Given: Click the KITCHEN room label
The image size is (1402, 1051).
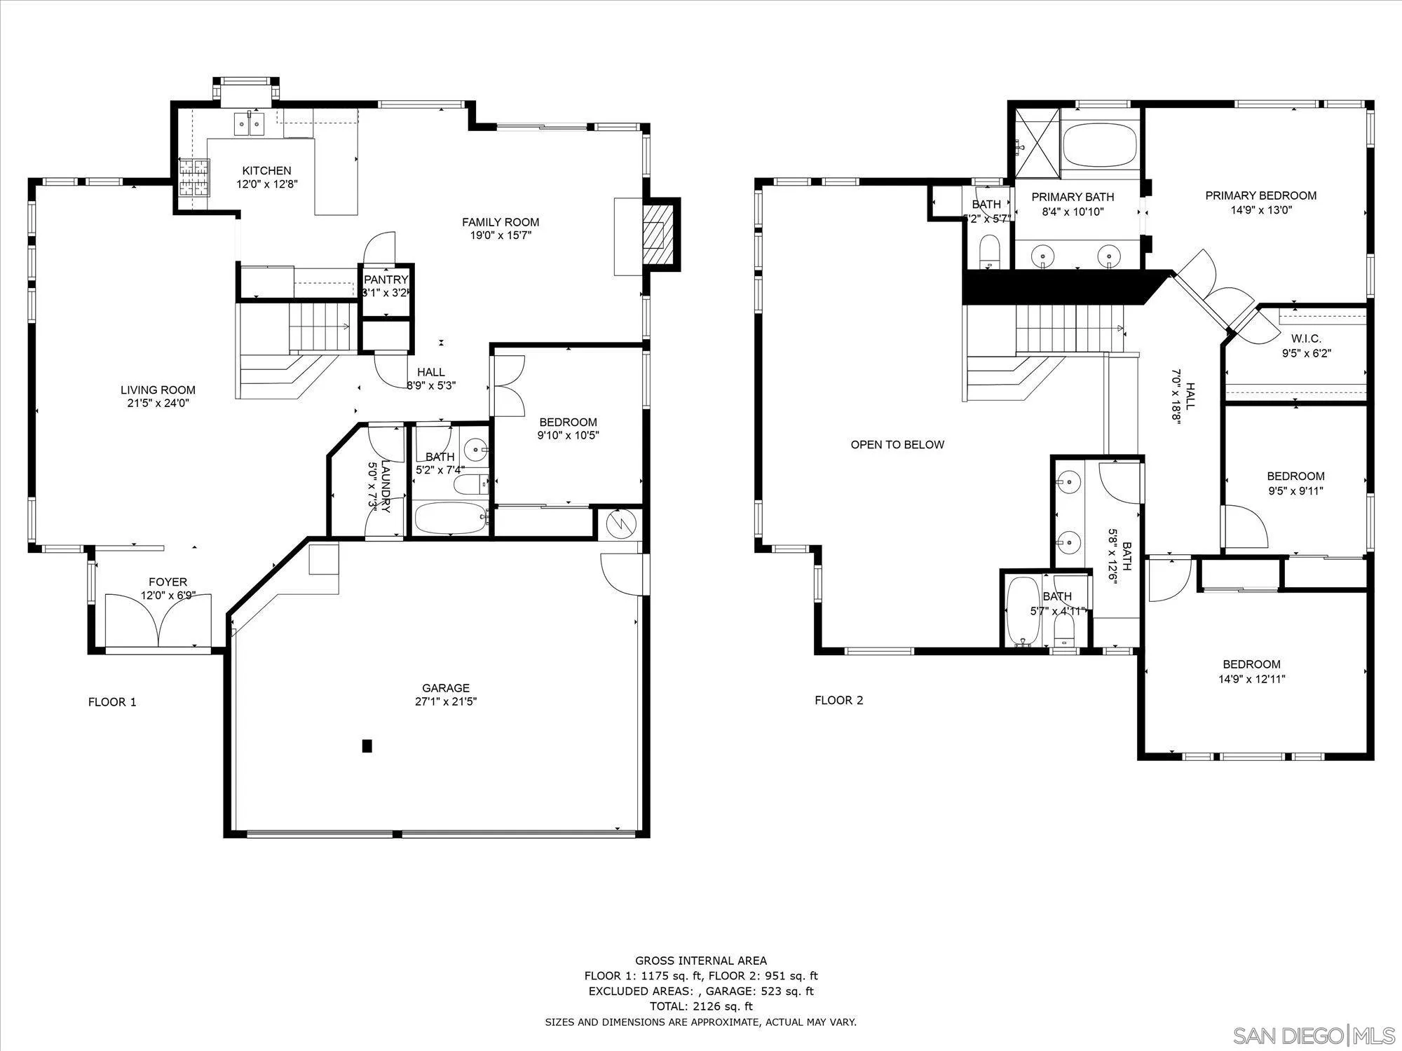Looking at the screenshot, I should click(266, 170).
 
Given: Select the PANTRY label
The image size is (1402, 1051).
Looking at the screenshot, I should click(386, 280).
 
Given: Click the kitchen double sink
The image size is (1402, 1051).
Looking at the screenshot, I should click(250, 124).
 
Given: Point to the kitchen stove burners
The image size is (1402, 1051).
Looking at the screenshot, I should click(194, 177).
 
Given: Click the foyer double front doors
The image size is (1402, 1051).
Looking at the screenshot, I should click(159, 621).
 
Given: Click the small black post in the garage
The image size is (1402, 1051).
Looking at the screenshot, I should click(367, 746).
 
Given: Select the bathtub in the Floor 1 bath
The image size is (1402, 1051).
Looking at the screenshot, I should click(449, 519).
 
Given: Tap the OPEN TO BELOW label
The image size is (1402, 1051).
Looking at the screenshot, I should click(897, 444).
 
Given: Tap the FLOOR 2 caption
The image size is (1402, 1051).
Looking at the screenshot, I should click(838, 700).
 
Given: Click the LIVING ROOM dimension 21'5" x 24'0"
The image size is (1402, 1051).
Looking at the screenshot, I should click(158, 403).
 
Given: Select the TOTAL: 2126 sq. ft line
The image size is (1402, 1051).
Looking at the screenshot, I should click(701, 1006).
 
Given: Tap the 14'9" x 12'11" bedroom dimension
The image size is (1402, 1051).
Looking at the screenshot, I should click(1251, 678).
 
